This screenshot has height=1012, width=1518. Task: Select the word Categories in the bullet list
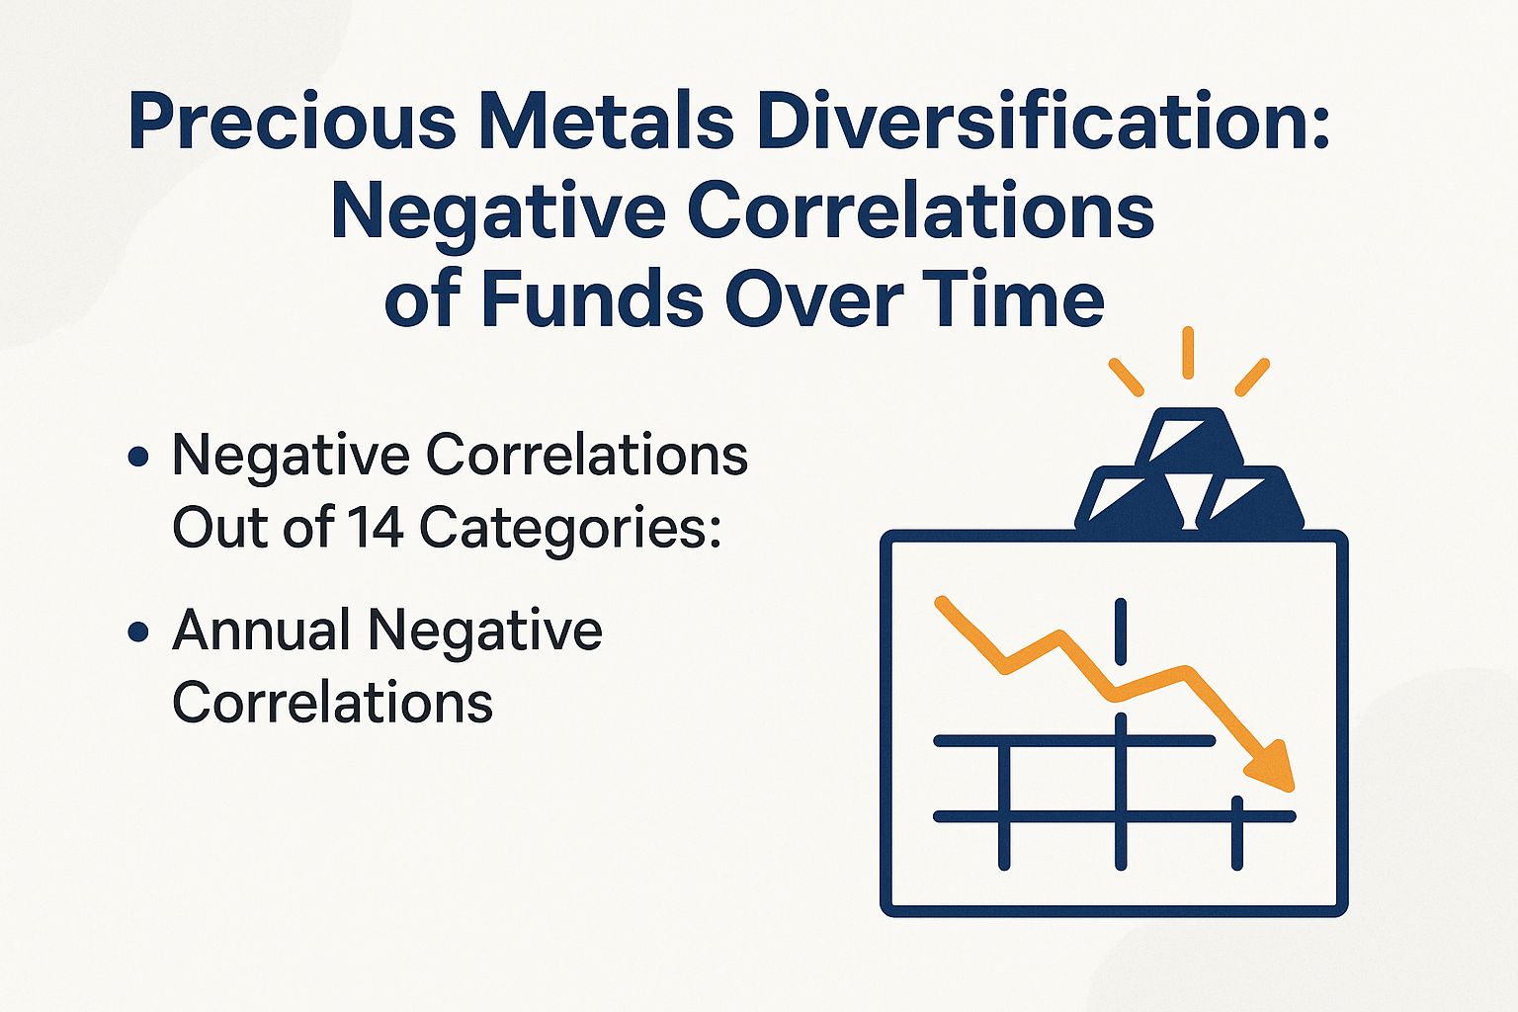click(x=569, y=529)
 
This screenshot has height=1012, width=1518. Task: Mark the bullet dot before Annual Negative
click(x=139, y=632)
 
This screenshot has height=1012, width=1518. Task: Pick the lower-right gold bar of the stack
click(x=1247, y=498)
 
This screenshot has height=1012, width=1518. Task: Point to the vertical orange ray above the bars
click(x=1188, y=352)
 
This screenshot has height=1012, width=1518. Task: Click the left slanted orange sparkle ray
click(x=1126, y=377)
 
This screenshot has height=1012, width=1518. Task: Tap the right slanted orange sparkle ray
click(x=1252, y=377)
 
